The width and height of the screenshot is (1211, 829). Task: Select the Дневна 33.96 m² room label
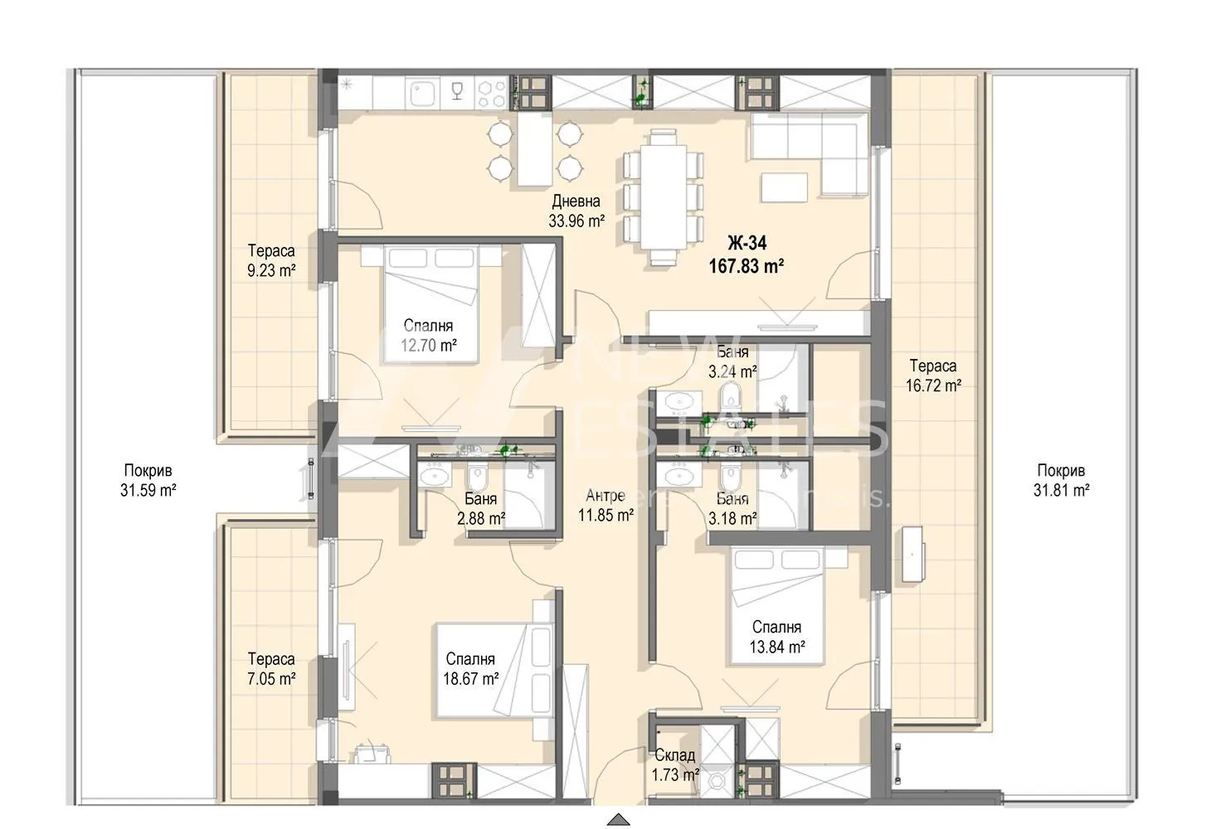click(x=576, y=211)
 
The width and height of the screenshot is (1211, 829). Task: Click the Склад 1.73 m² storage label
click(x=675, y=765)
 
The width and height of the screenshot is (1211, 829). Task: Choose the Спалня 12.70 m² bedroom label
click(x=429, y=336)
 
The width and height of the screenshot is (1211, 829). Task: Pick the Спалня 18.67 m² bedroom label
click(x=470, y=669)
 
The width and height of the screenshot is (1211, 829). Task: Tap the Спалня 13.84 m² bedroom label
click(x=776, y=638)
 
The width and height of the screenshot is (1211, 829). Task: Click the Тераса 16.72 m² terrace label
click(x=933, y=376)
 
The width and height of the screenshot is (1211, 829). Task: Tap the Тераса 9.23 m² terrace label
click(x=271, y=260)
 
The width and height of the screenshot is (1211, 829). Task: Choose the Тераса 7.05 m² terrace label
click(x=271, y=669)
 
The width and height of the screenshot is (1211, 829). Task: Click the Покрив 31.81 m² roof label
click(x=1061, y=480)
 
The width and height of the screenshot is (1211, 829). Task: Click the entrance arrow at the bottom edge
click(x=618, y=820)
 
